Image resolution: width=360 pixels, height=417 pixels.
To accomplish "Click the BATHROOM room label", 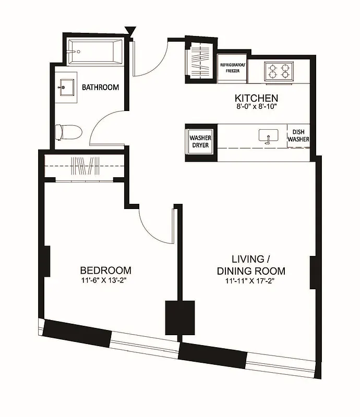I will pos(100,88).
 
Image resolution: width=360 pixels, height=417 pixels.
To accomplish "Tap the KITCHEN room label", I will pos(256,98).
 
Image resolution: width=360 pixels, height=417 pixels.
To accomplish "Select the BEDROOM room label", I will pos(105,271).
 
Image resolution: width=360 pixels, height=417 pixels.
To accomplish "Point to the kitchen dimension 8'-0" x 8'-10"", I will pos(256,107).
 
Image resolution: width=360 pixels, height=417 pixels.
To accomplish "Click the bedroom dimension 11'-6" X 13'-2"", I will pos(105,280).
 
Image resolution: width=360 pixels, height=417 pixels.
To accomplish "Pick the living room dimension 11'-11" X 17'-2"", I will pos(251,282).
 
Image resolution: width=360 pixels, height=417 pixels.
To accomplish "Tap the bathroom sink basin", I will pos(66,87).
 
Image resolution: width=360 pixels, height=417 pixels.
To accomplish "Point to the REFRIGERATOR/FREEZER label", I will pos(233,67).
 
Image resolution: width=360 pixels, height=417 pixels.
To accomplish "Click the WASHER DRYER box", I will pos(200,141).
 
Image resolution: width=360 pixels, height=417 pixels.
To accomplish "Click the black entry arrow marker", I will pos(130,32).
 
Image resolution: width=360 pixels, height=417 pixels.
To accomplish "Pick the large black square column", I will pos(180,317).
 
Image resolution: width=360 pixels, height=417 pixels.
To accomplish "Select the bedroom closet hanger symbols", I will pos(85,166).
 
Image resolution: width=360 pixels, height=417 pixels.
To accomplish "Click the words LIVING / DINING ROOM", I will pos(251,265).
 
